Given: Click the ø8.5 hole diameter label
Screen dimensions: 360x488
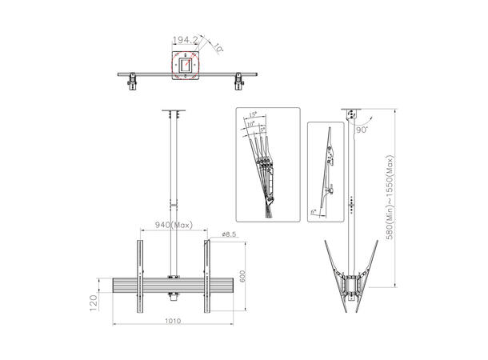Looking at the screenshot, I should point(229,234).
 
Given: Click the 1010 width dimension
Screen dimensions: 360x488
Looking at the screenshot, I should point(173,322).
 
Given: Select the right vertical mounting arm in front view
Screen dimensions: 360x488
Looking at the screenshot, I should point(206,272).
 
